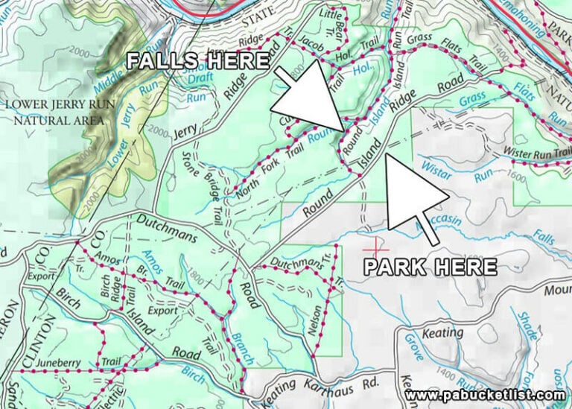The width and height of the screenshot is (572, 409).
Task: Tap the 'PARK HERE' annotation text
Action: (x=430, y=266)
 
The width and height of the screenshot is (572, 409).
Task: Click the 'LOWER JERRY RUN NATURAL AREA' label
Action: (x=58, y=112)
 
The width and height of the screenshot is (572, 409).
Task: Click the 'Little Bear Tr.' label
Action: (x=333, y=22)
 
